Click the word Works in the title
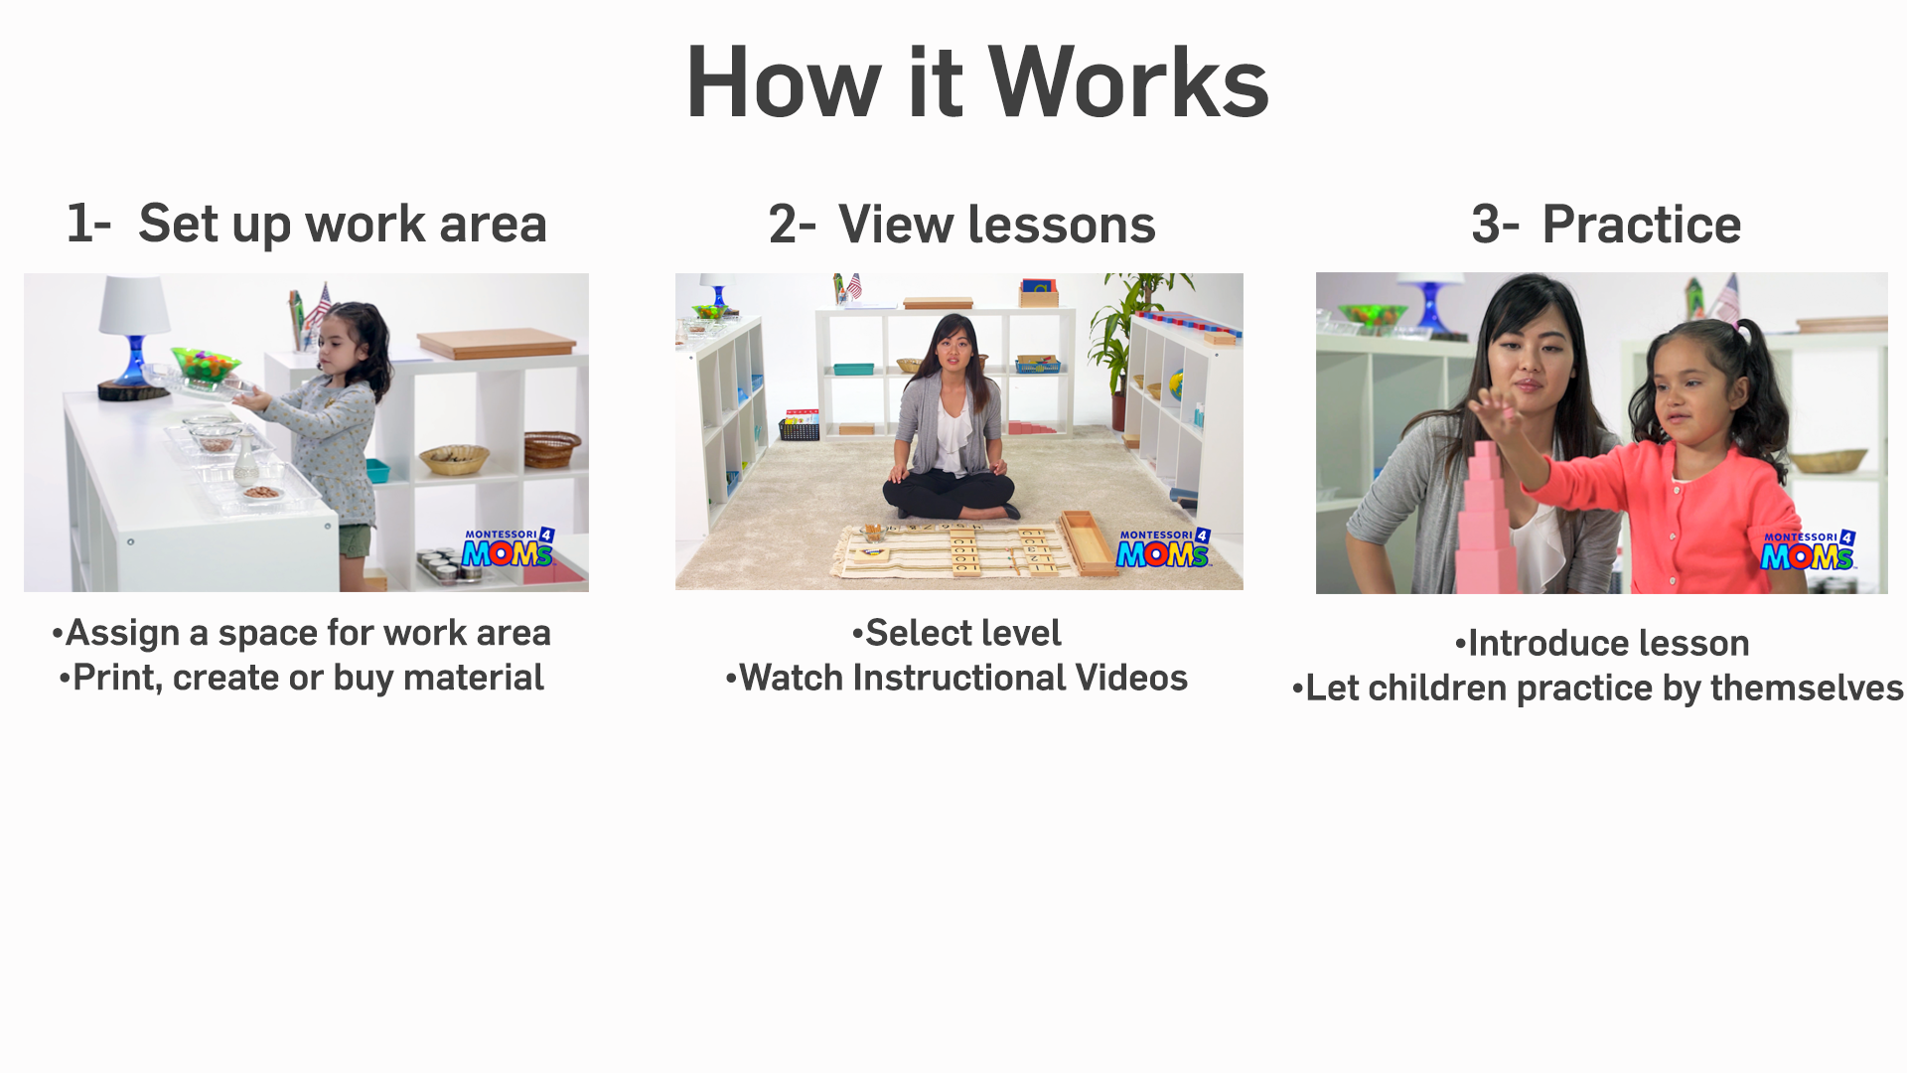pyautogui.click(x=1128, y=82)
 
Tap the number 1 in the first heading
pyautogui.click(x=78, y=223)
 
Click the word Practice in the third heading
pyautogui.click(x=1641, y=224)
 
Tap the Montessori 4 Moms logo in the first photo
pyautogui.click(x=508, y=547)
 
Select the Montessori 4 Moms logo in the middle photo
pyautogui.click(x=1163, y=547)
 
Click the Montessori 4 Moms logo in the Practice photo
pyautogui.click(x=1808, y=550)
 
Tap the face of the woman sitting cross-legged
pyautogui.click(x=952, y=347)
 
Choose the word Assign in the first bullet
pyautogui.click(x=122, y=634)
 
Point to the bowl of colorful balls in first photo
pyautogui.click(x=206, y=364)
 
